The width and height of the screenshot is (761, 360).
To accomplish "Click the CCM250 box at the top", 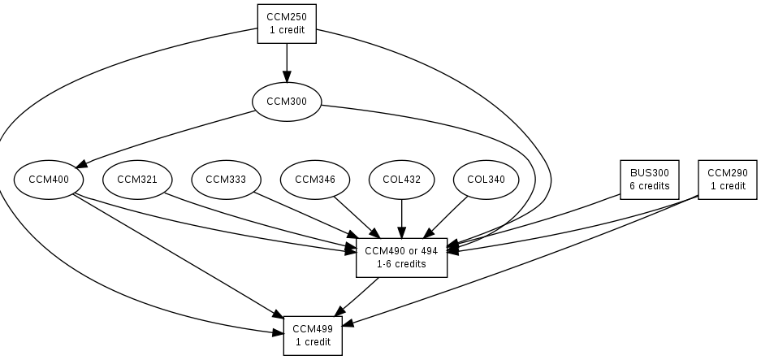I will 286,23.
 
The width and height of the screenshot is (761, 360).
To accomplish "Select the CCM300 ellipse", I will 286,102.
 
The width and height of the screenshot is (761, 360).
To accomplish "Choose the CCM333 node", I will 225,180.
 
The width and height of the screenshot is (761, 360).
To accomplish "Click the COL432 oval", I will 401,180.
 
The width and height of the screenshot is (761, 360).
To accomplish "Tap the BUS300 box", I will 649,180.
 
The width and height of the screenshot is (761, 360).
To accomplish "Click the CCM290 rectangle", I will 727,180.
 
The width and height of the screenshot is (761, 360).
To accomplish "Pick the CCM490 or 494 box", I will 401,258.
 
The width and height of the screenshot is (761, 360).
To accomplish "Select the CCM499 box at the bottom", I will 313,335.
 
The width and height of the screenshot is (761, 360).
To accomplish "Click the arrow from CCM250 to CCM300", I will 286,61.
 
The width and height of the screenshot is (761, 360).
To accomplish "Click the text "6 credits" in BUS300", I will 649,186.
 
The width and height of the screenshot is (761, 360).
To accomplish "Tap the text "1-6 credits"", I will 401,264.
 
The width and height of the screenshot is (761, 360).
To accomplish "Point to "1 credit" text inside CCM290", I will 727,186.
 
